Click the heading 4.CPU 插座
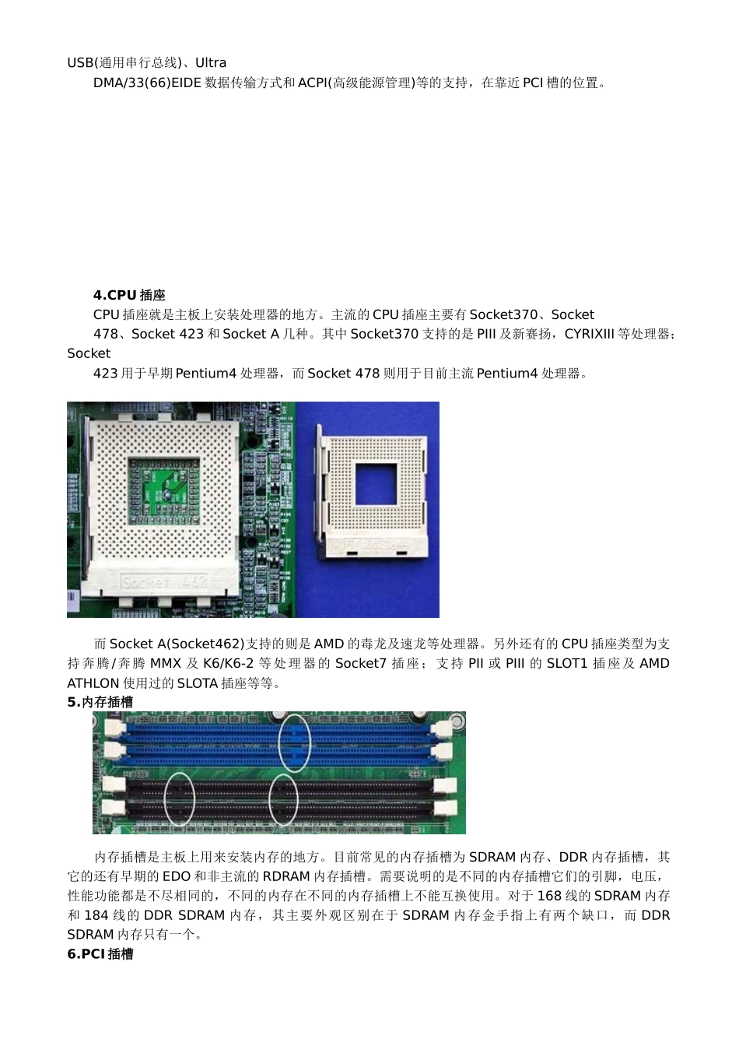129,295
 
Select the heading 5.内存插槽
100,702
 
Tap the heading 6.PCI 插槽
100,954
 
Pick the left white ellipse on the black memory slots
179,798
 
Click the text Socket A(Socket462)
177,644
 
